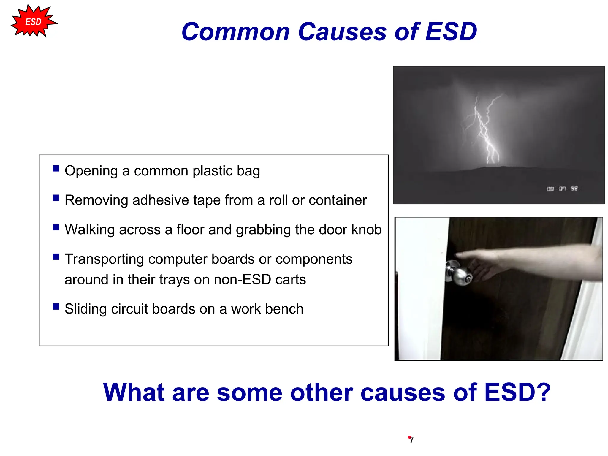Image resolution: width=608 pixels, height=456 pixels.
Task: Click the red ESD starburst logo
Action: [x=33, y=22]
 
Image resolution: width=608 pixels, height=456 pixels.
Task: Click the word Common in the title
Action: [x=235, y=32]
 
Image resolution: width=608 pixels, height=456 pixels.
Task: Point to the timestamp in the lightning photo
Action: [x=562, y=189]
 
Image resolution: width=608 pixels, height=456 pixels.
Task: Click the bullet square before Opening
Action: [x=56, y=169]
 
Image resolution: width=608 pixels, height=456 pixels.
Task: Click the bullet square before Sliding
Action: [x=56, y=307]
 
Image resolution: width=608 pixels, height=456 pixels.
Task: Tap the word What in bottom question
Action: [x=134, y=392]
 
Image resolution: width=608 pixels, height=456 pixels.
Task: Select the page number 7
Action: [x=411, y=440]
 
